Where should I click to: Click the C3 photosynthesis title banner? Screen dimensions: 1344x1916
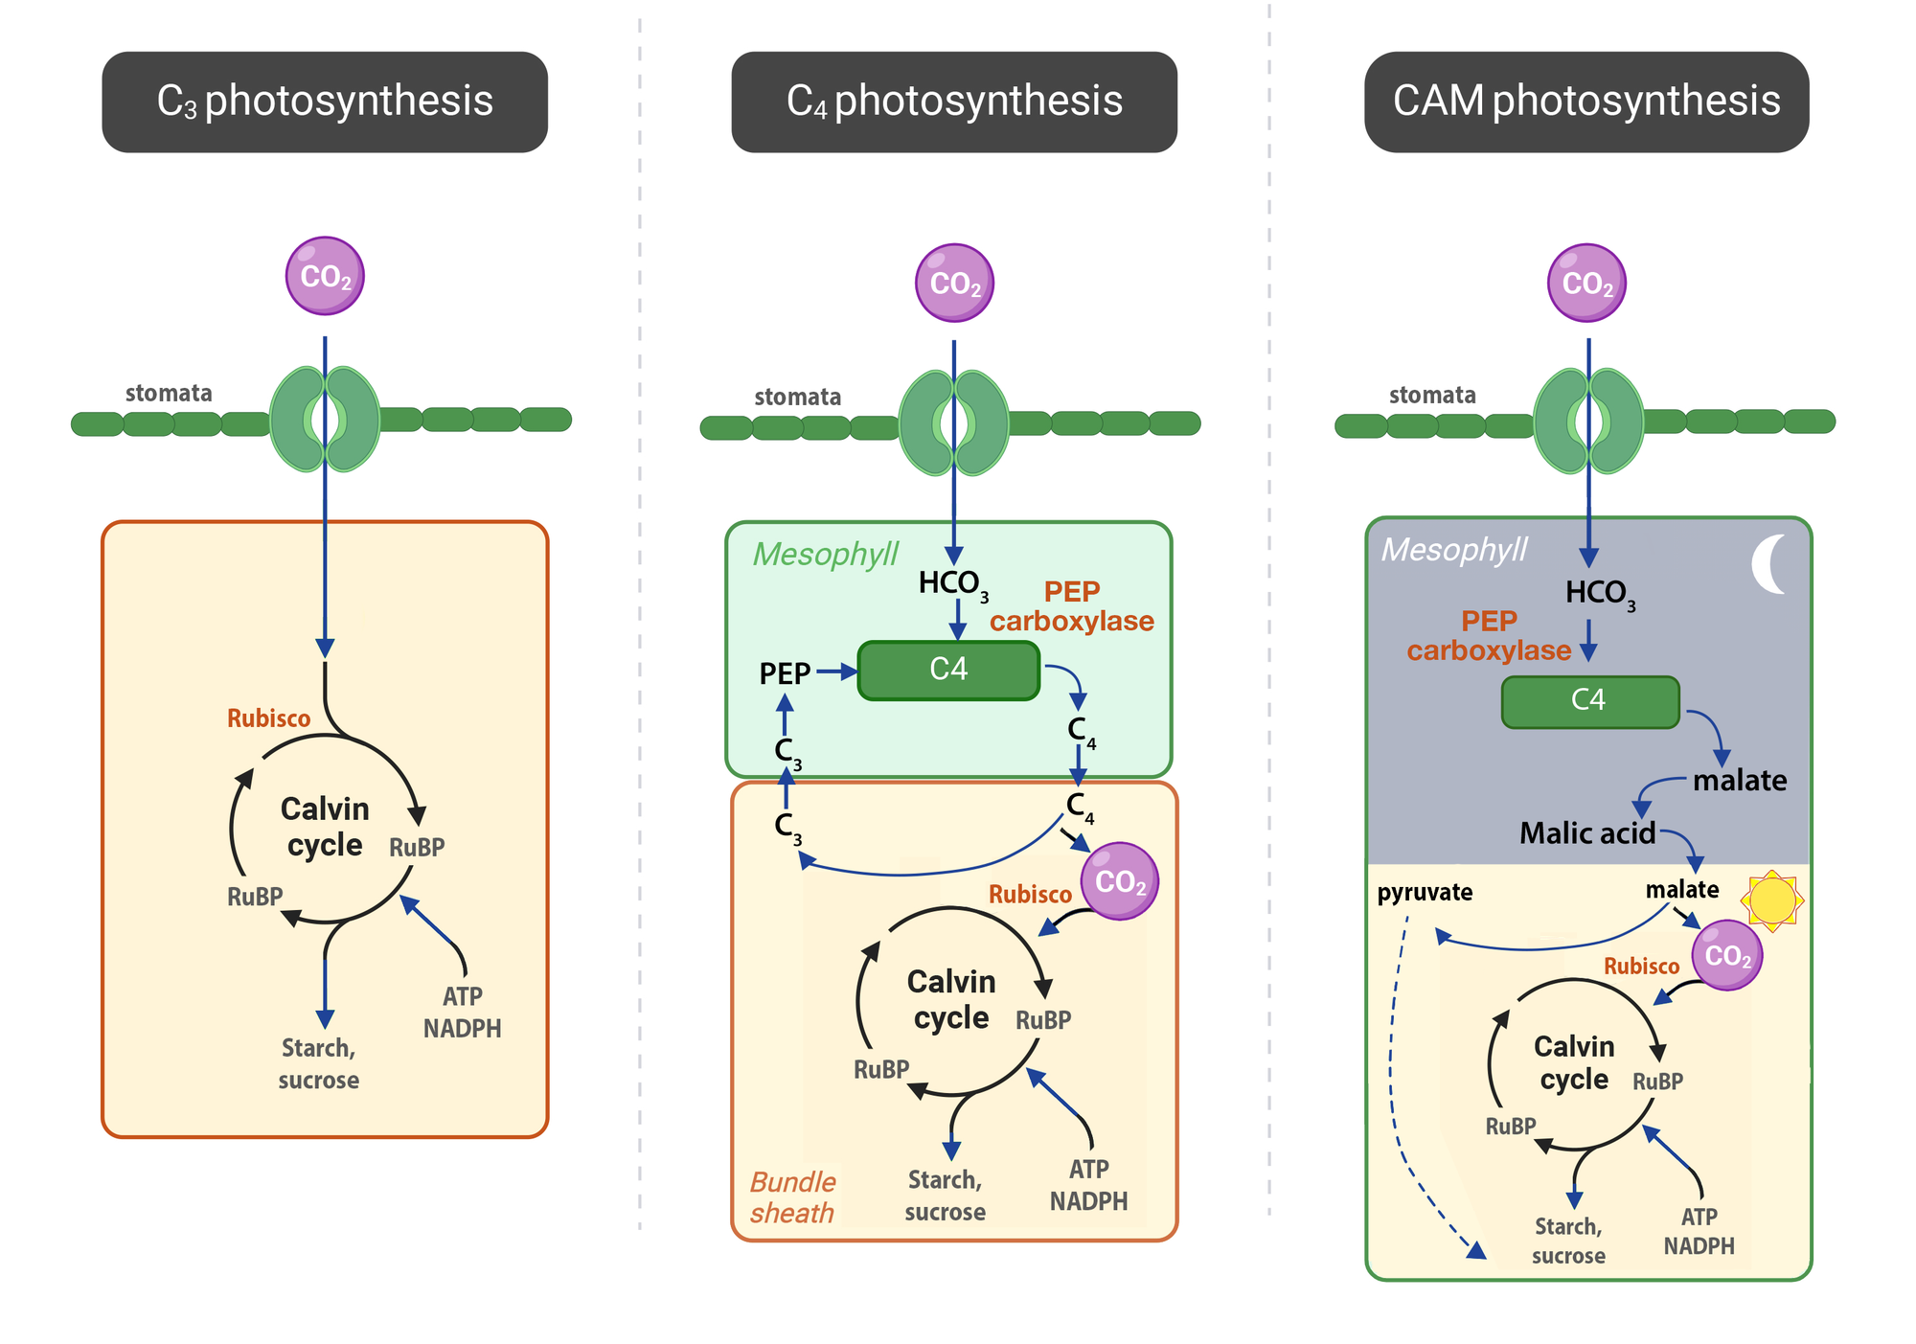click(x=325, y=102)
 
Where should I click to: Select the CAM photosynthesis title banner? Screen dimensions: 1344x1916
click(x=1586, y=102)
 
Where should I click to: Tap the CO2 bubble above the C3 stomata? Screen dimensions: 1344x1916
click(x=325, y=276)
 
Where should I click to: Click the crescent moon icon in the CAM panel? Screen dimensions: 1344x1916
click(x=1769, y=564)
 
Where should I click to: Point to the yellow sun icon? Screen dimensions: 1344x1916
click(x=1771, y=900)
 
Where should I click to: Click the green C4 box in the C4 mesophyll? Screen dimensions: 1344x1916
click(x=948, y=670)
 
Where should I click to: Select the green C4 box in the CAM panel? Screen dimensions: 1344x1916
click(x=1589, y=701)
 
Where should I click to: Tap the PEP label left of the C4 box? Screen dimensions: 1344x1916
click(x=785, y=673)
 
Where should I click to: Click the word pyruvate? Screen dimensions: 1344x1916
click(x=1425, y=892)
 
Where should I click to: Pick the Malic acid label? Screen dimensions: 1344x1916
click(x=1586, y=833)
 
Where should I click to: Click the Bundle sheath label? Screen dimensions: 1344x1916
click(x=792, y=1197)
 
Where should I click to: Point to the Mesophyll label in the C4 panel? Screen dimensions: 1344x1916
click(x=825, y=554)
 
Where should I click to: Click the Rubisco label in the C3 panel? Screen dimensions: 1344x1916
click(x=268, y=718)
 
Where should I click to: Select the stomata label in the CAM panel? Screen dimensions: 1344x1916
click(x=1432, y=395)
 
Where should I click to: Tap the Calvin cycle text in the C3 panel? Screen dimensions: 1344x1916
click(x=325, y=827)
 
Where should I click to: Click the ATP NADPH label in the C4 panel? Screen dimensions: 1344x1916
click(x=1088, y=1185)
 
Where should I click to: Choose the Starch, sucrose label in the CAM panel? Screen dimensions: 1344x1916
click(x=1568, y=1241)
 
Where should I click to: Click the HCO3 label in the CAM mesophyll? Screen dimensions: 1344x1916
click(x=1599, y=594)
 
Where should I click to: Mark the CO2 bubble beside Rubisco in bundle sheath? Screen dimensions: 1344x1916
click(x=1119, y=881)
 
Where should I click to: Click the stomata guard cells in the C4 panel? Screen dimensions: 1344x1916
click(x=953, y=422)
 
